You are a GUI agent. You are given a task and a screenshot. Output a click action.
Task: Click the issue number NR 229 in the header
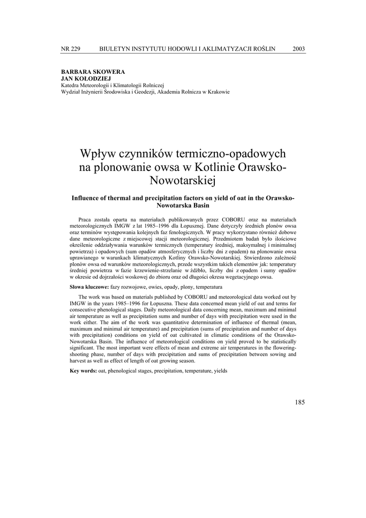click(x=70, y=49)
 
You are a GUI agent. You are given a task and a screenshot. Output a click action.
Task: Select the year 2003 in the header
click(x=299, y=49)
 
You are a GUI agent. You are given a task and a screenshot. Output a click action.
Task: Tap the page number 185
click(x=299, y=402)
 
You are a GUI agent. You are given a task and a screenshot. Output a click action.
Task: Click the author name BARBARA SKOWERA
click(x=93, y=73)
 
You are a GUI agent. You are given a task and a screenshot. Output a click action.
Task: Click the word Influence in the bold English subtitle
click(x=88, y=198)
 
